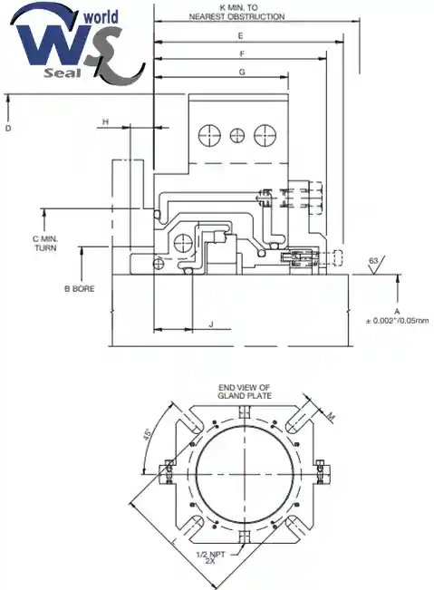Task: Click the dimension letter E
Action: click(240, 36)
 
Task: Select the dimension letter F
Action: click(242, 54)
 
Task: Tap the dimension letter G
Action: click(242, 72)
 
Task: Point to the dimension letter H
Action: click(106, 122)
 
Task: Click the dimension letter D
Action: click(8, 129)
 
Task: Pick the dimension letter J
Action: click(211, 324)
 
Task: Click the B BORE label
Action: click(80, 289)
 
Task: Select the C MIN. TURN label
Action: click(45, 244)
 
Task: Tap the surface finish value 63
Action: click(373, 261)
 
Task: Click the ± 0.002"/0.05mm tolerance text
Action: click(398, 321)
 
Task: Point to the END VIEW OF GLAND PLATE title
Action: click(245, 392)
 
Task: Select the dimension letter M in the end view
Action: click(331, 416)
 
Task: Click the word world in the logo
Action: click(101, 17)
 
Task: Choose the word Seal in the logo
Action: click(63, 73)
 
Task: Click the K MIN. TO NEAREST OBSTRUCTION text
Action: click(236, 12)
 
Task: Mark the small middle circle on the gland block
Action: click(237, 135)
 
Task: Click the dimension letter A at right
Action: click(397, 312)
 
